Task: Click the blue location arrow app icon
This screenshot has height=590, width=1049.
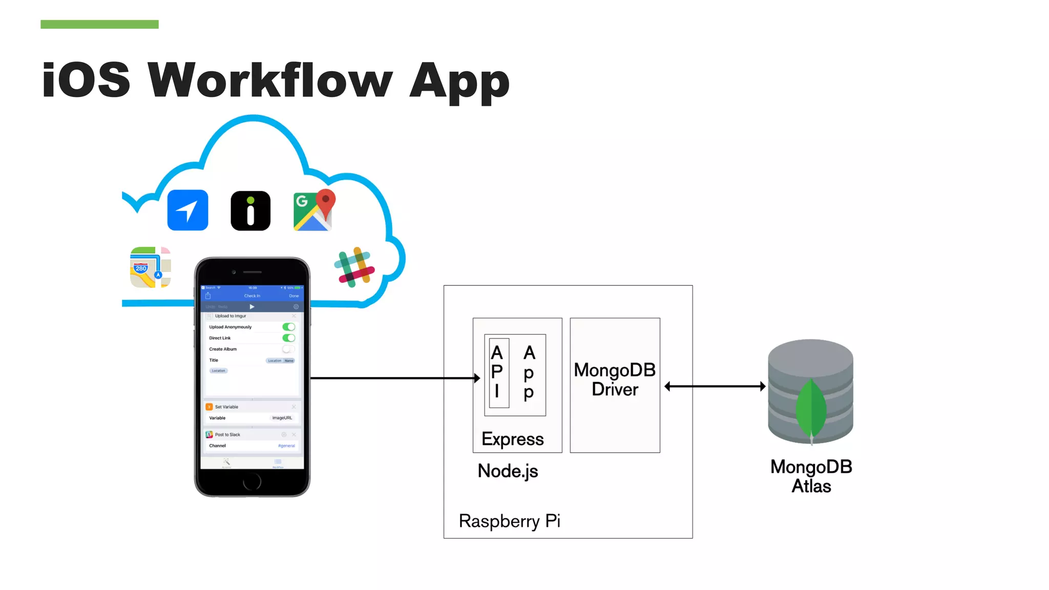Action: pos(187,210)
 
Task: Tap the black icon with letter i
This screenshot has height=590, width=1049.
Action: pos(250,210)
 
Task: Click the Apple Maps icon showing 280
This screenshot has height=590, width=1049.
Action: pos(150,267)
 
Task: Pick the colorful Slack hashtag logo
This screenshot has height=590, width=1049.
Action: pos(354,267)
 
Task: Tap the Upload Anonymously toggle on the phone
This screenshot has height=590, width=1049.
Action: pos(289,327)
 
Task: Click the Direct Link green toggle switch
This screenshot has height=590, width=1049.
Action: pos(289,338)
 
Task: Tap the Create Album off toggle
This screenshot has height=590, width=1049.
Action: pos(288,349)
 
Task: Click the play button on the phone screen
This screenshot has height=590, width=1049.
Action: pos(252,307)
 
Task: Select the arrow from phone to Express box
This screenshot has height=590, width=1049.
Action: pos(394,378)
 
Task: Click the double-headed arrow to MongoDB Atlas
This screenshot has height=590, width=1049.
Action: pos(715,386)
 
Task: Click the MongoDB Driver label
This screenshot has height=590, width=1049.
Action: pos(615,380)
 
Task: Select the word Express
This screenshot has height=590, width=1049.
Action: pos(513,439)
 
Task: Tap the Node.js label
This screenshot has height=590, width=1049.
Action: pos(508,471)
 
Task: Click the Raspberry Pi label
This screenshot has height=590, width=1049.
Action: pos(509,521)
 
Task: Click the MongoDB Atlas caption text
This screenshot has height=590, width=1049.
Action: pos(811,476)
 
